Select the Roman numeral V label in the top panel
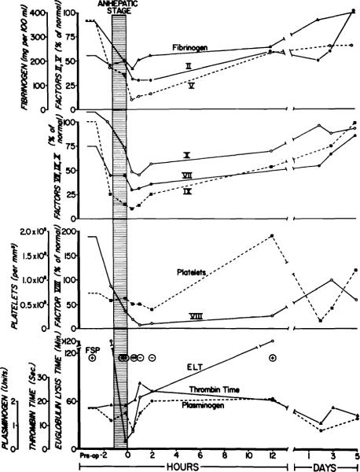(x=191, y=85)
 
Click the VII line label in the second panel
(x=187, y=175)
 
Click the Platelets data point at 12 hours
(x=271, y=236)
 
